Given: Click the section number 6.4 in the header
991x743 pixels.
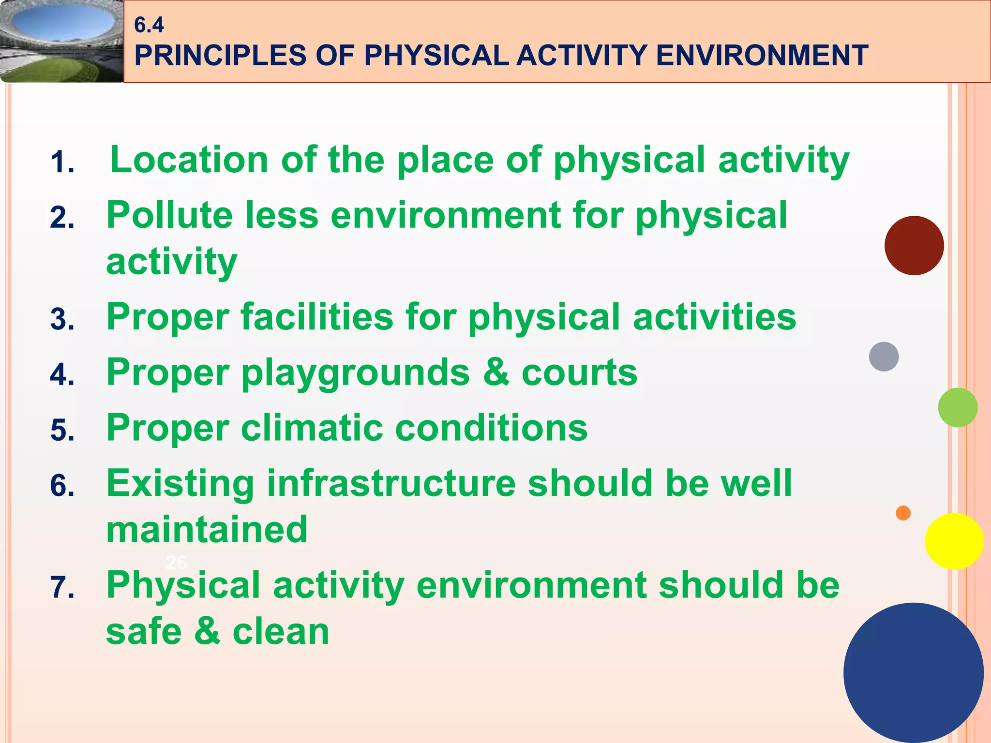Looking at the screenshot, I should pyautogui.click(x=149, y=25).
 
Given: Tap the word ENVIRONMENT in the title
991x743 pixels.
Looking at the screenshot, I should pyautogui.click(x=762, y=56).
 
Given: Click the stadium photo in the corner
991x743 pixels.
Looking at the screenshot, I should pyautogui.click(x=61, y=41).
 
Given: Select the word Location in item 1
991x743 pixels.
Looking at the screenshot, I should pyautogui.click(x=189, y=160).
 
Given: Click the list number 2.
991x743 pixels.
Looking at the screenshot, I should pyautogui.click(x=62, y=218).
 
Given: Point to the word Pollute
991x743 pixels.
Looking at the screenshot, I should pyautogui.click(x=169, y=215).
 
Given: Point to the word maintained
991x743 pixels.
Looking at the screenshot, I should pyautogui.click(x=207, y=530).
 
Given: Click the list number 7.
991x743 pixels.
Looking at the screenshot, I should pyautogui.click(x=62, y=588).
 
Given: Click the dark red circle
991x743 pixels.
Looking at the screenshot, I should pyautogui.click(x=914, y=246).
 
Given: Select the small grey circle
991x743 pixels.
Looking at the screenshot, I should pyautogui.click(x=884, y=357).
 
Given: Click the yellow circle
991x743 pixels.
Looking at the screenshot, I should pyautogui.click(x=954, y=541).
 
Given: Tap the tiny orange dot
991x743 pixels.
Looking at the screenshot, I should pyautogui.click(x=903, y=513).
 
